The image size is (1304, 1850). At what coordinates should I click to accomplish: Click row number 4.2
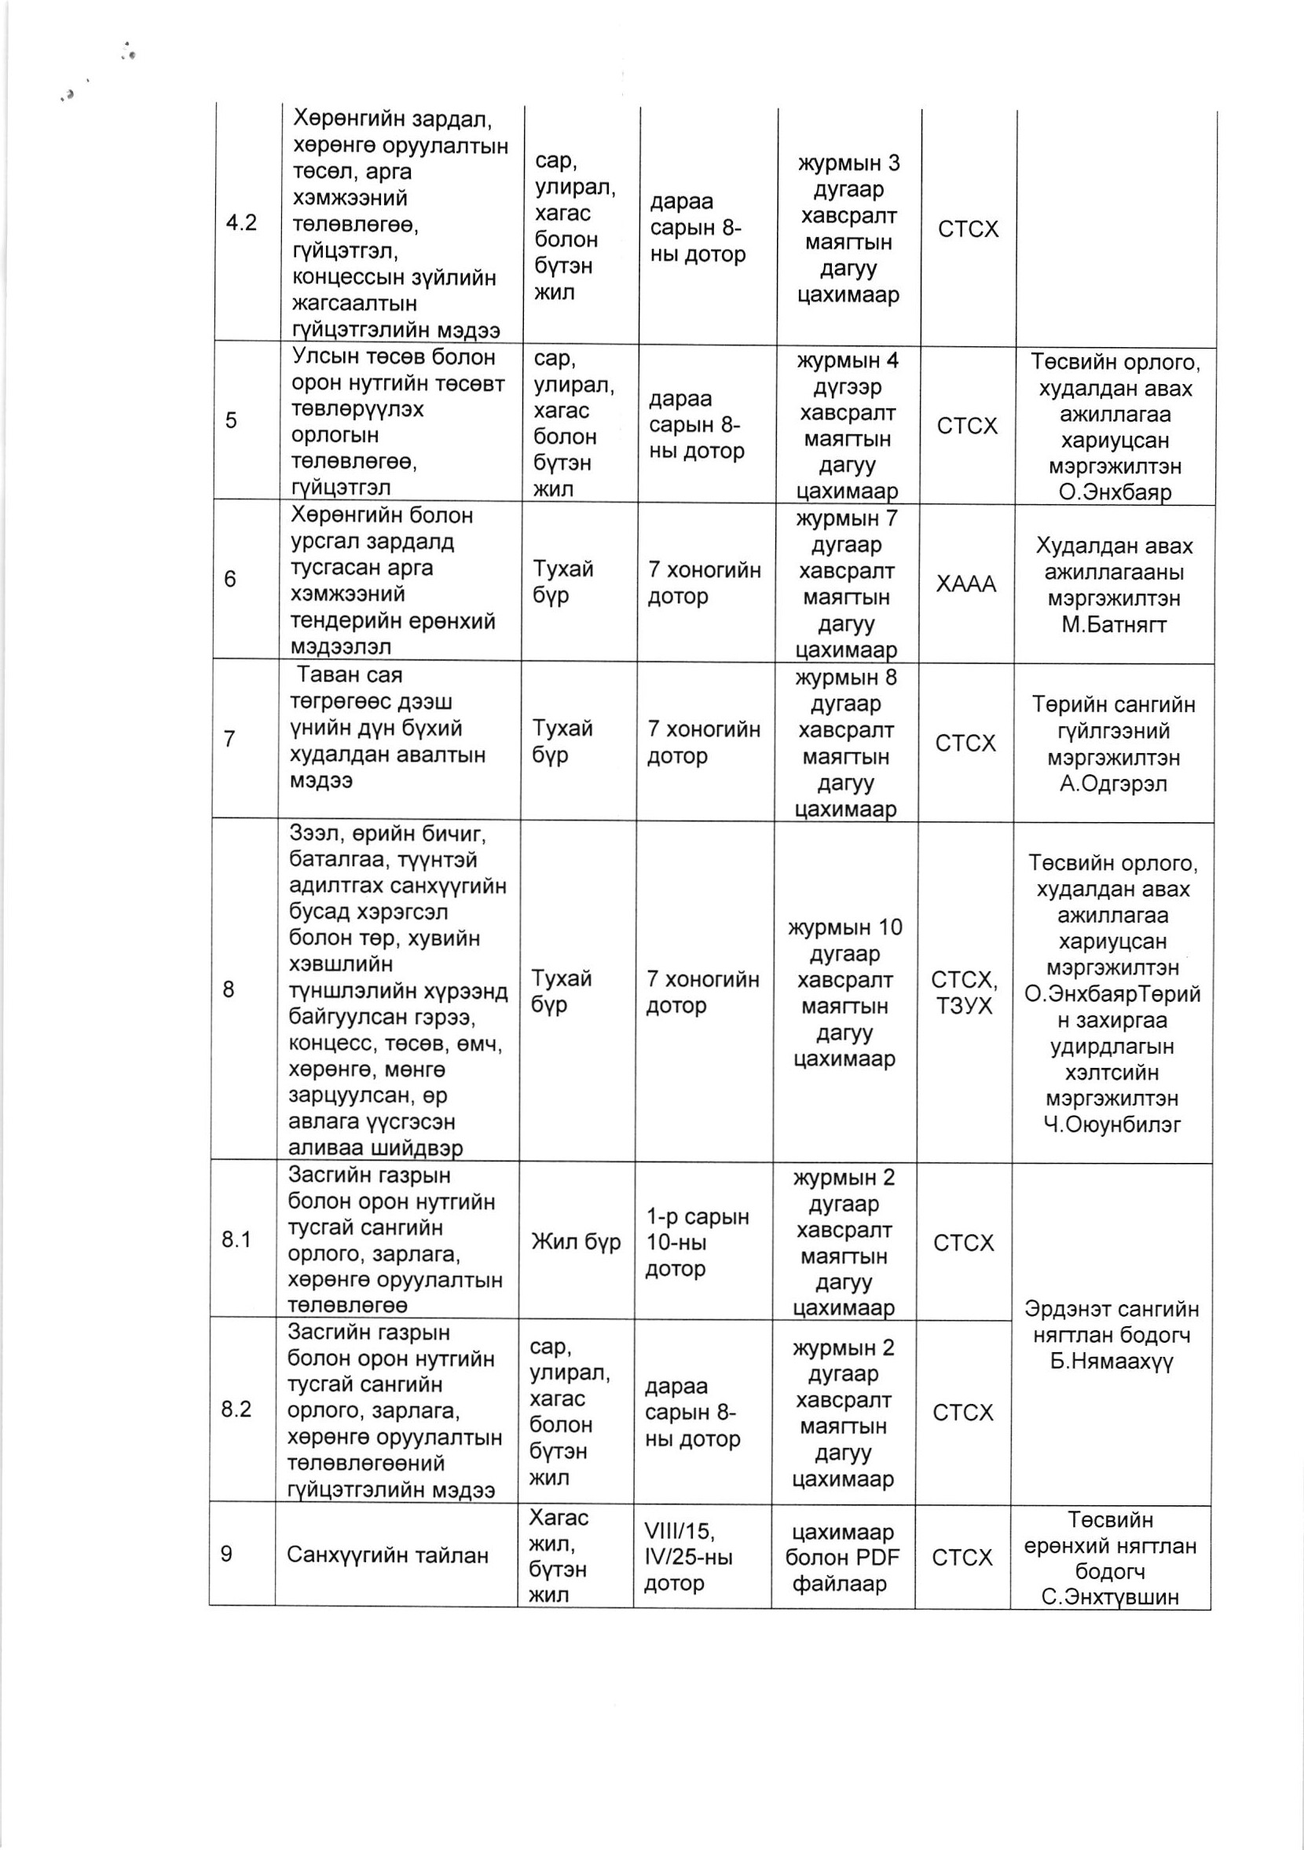point(240,223)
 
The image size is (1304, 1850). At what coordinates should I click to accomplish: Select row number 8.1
point(236,1239)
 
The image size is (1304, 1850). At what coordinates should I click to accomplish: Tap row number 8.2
point(236,1409)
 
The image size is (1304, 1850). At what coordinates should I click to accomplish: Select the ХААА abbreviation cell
point(965,583)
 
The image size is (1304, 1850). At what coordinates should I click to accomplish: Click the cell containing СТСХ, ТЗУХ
point(965,993)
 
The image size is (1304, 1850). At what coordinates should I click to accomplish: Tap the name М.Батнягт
point(1114,624)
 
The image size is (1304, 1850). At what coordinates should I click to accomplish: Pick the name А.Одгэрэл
point(1113,783)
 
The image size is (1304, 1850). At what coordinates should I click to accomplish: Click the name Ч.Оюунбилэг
point(1112,1124)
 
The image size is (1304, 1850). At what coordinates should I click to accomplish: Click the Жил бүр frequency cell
point(576,1241)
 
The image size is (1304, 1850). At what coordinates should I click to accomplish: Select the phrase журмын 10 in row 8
point(845,927)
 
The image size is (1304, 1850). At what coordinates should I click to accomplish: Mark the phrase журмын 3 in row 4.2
point(848,163)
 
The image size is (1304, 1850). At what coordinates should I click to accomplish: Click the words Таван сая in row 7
point(349,675)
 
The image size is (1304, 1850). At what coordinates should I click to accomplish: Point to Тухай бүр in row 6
point(562,582)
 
